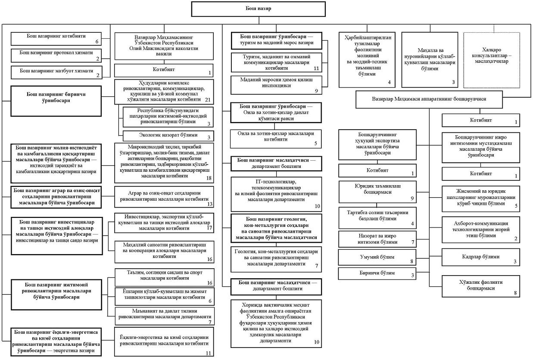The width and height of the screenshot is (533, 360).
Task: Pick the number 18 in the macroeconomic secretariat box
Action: coord(209,177)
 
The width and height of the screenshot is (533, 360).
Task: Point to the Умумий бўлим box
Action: coord(377,257)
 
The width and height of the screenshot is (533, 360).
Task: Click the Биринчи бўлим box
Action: coord(377,273)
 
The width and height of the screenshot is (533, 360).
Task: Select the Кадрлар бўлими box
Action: coord(483,257)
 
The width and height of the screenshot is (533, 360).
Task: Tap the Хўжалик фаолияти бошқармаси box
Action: coord(483,286)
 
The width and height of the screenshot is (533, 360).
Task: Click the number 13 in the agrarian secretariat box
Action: coord(209,204)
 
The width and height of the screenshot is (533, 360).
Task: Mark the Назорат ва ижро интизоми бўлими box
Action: coord(377,239)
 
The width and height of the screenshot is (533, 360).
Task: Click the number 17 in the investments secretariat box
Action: coord(209,228)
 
